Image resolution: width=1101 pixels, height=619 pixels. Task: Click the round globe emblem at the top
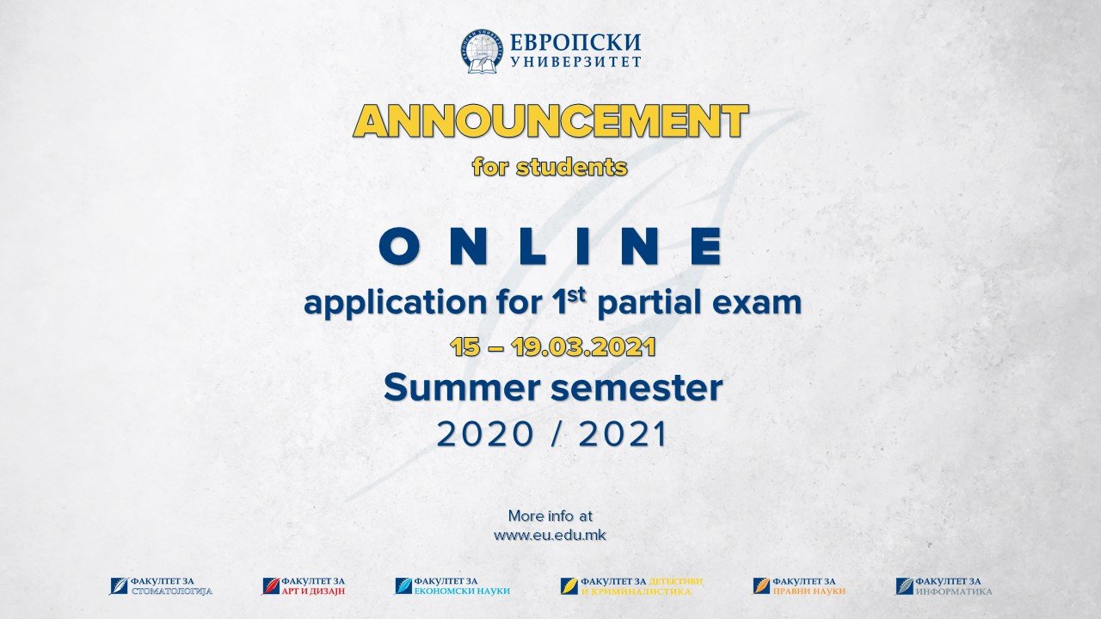click(483, 51)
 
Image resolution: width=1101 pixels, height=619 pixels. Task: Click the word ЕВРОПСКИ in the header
click(575, 43)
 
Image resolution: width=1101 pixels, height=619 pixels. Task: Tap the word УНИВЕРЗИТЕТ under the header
click(575, 62)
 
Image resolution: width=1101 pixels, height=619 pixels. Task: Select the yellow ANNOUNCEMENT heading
click(550, 121)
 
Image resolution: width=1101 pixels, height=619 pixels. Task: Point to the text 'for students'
click(550, 167)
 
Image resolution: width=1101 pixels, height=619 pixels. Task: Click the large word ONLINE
click(551, 246)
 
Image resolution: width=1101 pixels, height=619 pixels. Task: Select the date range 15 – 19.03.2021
click(552, 347)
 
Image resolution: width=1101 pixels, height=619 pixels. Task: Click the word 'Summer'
click(461, 388)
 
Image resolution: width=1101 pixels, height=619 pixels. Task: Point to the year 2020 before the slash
click(485, 434)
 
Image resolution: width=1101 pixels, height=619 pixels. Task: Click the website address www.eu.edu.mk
click(550, 535)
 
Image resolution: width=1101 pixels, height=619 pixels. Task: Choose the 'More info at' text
click(550, 516)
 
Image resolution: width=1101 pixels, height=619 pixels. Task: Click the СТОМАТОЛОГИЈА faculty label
click(171, 591)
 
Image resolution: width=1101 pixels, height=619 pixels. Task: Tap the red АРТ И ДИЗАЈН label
click(313, 591)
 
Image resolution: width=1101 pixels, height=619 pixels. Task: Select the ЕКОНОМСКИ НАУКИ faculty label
click(462, 591)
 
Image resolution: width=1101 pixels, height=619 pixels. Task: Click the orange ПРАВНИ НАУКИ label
click(809, 591)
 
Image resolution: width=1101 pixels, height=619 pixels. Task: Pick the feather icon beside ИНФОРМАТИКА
click(904, 586)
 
